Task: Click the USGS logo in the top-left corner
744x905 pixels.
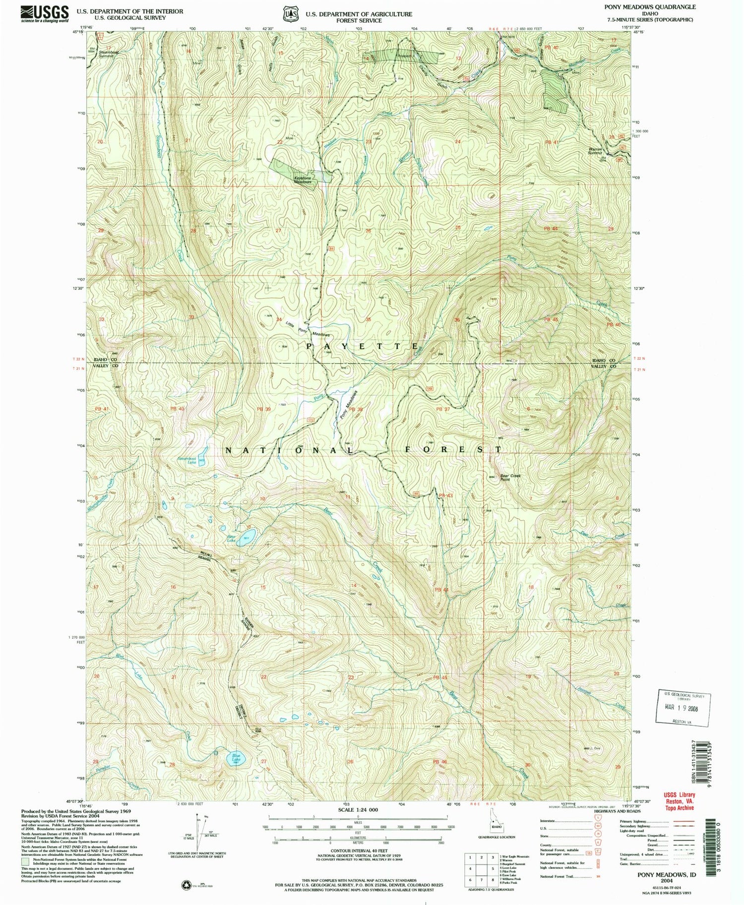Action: pyautogui.click(x=45, y=13)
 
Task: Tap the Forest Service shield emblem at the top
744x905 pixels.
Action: pyautogui.click(x=289, y=14)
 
